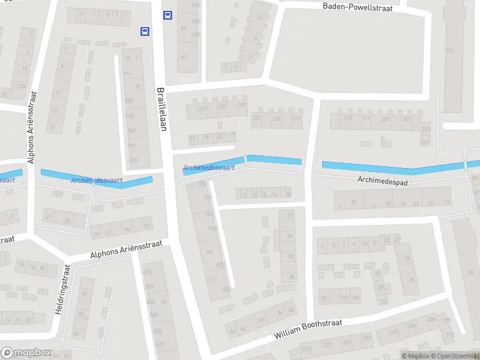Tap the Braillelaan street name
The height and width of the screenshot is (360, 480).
(161, 109)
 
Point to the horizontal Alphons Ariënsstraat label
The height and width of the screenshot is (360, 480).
(125, 249)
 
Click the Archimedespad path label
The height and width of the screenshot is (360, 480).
(382, 179)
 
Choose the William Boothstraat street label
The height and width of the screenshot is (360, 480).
(308, 330)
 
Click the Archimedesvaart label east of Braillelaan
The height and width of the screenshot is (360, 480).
(209, 169)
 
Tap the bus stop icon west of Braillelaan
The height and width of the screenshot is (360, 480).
(145, 31)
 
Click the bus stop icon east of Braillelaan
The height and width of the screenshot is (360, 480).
(167, 16)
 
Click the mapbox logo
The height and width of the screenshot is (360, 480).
(26, 352)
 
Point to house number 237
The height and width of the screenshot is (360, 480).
(222, 106)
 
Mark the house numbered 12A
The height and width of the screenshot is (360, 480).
(22, 87)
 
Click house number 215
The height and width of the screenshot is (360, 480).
(347, 119)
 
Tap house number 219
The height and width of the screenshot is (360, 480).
(296, 119)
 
